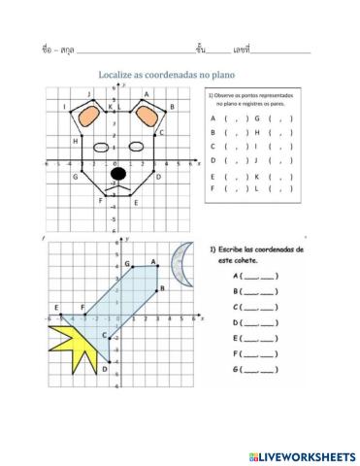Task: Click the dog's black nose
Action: pos(118,174)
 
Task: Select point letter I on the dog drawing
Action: pos(64,106)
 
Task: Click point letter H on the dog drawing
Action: pos(76,141)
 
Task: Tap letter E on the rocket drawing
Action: pos(58,307)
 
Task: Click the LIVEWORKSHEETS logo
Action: pos(302,454)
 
